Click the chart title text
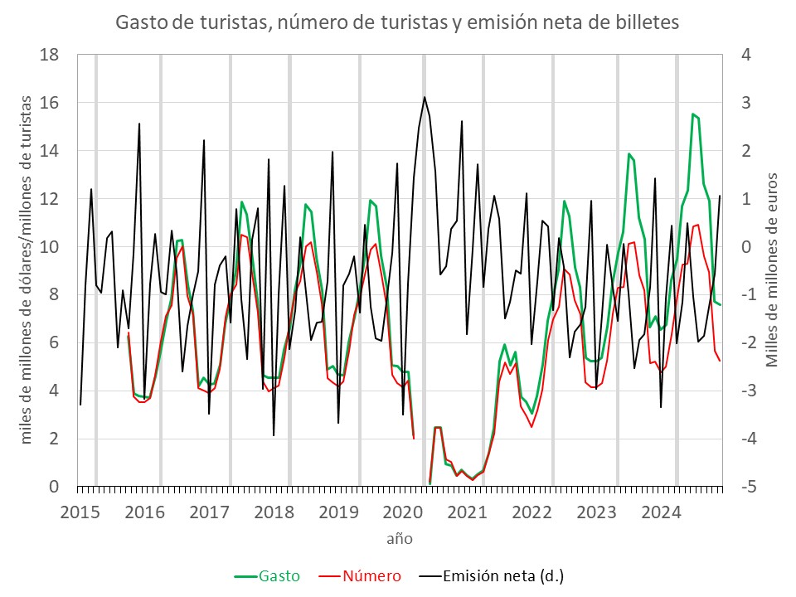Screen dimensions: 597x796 point(397,23)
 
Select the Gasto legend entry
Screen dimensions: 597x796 point(267,575)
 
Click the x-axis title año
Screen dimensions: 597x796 point(399,539)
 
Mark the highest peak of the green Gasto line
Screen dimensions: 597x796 point(693,114)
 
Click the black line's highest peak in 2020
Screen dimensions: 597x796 point(425,97)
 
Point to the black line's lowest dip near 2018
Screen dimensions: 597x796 point(274,435)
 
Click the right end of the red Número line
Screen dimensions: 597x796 point(720,361)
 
